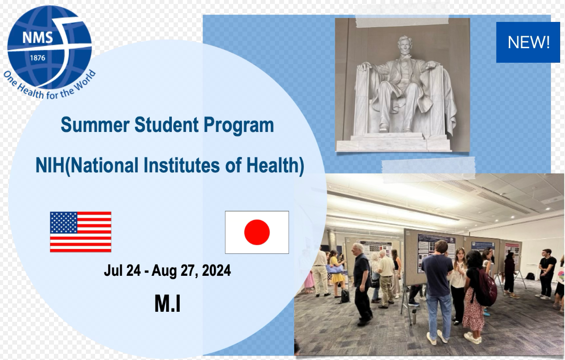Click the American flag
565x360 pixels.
tap(81, 232)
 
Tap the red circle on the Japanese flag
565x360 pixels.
tap(257, 232)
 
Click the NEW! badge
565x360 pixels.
tap(528, 42)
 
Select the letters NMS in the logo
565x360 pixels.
tap(38, 38)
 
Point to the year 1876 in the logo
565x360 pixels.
tap(38, 58)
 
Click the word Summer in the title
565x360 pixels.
tap(95, 125)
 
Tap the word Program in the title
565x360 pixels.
tap(238, 126)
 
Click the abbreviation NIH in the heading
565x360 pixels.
tap(50, 165)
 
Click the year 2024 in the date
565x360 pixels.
tap(217, 271)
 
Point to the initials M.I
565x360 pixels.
tap(167, 304)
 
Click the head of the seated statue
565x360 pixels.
tap(405, 46)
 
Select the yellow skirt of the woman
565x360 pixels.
tap(338, 278)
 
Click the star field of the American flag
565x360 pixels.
tap(64, 222)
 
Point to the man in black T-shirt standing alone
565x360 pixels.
tap(546, 274)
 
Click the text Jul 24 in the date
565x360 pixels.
tap(122, 271)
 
